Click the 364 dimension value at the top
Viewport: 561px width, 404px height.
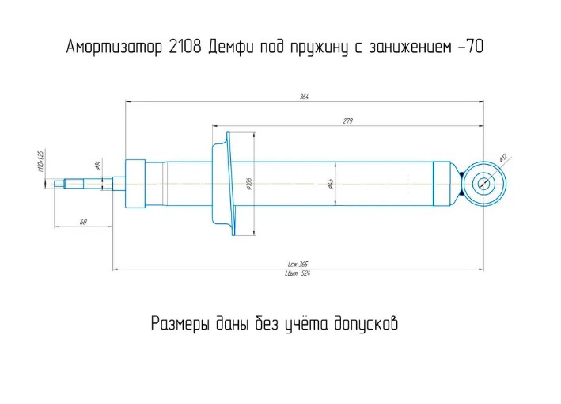coord(304,97)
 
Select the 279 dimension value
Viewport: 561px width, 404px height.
coord(347,120)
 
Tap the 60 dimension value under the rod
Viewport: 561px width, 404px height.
coord(83,222)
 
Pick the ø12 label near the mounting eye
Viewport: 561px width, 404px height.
coord(502,158)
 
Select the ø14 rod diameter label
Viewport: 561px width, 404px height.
coord(97,165)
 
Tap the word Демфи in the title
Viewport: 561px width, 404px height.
coord(233,47)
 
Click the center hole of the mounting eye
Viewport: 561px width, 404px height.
coord(483,184)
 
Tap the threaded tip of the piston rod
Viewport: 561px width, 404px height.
coord(59,184)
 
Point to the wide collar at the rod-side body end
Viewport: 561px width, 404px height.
coord(135,184)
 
